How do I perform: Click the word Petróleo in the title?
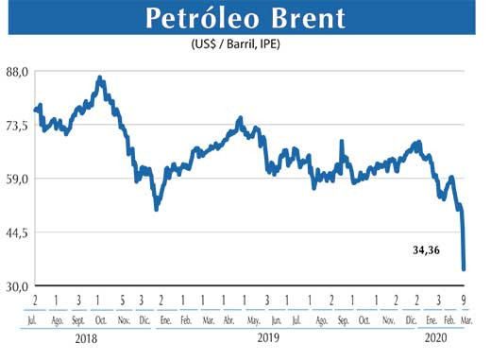coord(199,20)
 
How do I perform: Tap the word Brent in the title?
coord(300,20)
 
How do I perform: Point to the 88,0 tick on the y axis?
coord(18,72)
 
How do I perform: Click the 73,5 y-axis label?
coord(18,125)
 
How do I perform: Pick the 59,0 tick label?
coord(18,179)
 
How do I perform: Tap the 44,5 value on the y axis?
coord(18,231)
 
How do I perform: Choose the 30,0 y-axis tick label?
coord(18,285)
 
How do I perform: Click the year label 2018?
coord(87,337)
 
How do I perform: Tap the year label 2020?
coord(436,337)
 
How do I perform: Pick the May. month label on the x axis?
coord(246,320)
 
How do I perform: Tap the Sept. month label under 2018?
coord(78,320)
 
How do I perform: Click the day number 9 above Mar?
coord(464,300)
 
